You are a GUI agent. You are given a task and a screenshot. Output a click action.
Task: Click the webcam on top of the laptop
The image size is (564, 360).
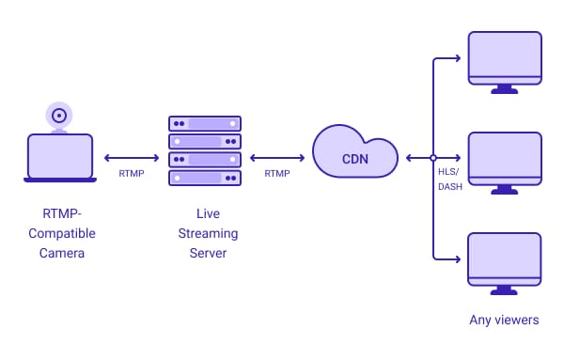(59, 116)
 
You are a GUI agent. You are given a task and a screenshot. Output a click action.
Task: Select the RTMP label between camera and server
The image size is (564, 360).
(132, 174)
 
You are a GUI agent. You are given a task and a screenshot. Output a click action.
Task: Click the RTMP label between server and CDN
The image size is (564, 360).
(277, 174)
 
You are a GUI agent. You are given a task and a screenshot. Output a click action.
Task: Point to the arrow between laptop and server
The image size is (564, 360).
(132, 158)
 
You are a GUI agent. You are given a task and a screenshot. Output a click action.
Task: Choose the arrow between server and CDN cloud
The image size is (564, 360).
(277, 158)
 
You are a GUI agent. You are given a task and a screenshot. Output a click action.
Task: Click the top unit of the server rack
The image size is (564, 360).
(205, 124)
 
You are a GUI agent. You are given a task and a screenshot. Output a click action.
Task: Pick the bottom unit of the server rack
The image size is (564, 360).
(205, 178)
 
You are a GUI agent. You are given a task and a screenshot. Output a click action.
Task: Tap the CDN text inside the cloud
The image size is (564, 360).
(355, 159)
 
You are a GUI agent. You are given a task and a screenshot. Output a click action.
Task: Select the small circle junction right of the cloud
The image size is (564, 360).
(433, 158)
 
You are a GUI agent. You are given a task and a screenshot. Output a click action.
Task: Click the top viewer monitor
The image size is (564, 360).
(505, 58)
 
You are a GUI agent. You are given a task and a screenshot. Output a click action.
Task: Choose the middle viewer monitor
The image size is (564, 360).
(505, 158)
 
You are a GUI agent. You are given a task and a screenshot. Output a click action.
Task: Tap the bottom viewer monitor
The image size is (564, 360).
(505, 257)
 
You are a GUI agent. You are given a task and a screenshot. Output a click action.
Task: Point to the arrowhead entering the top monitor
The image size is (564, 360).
(458, 58)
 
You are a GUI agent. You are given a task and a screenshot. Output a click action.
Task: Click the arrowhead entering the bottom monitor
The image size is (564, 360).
(458, 258)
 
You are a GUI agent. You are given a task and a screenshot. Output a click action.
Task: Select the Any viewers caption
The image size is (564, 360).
(505, 320)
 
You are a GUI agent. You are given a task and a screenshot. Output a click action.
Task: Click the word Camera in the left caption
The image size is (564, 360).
(60, 252)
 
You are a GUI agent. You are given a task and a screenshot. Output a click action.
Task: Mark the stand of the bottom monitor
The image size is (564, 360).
(505, 290)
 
